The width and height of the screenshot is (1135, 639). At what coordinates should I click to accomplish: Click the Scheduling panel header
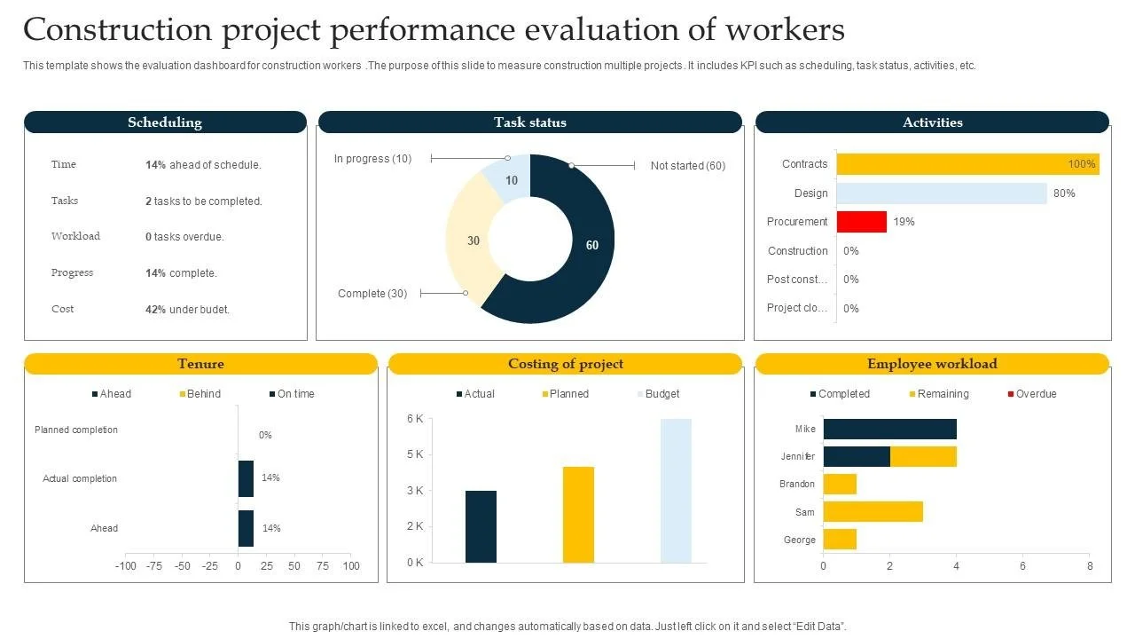[x=165, y=122]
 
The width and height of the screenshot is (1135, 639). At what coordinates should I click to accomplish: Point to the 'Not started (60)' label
[x=687, y=166]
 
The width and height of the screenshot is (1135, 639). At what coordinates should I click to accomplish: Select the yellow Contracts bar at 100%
[x=967, y=164]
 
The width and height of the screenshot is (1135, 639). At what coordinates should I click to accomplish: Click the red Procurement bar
[x=861, y=222]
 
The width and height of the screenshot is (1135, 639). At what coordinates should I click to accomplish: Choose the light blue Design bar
[x=941, y=193]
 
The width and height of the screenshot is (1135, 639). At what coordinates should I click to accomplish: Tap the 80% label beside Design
[x=1064, y=193]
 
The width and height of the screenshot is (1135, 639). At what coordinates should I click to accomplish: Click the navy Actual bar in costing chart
[x=481, y=526]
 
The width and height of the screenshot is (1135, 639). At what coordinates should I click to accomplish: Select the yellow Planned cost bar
[x=578, y=514]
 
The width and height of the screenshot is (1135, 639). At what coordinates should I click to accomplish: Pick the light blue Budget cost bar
[x=676, y=491]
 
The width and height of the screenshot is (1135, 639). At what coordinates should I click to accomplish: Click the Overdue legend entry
[x=1031, y=394]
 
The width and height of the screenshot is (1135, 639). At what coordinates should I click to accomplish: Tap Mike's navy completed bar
[x=889, y=430]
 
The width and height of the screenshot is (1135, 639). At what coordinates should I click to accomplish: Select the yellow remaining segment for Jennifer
[x=923, y=457]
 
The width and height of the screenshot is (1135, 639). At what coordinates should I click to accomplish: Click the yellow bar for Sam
[x=873, y=512]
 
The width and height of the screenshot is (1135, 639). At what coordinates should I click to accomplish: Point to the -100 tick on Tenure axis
[x=126, y=566]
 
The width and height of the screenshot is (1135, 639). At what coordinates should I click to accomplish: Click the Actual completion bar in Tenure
[x=246, y=478]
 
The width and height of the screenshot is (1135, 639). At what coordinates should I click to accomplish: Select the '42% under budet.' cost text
[x=187, y=310]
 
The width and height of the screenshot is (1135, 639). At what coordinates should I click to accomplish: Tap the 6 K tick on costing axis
[x=415, y=419]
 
